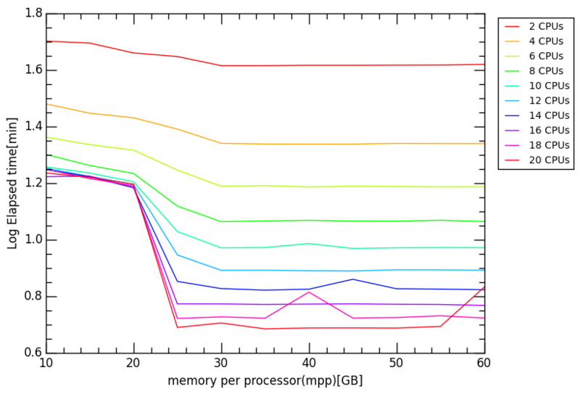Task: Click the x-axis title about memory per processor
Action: point(265,380)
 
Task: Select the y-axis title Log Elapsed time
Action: point(12,184)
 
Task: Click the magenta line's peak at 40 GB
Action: point(309,292)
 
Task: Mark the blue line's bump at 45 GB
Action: point(353,279)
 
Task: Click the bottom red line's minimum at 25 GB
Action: point(178,327)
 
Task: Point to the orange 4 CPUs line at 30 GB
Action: point(221,143)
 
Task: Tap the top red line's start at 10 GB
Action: point(46,41)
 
